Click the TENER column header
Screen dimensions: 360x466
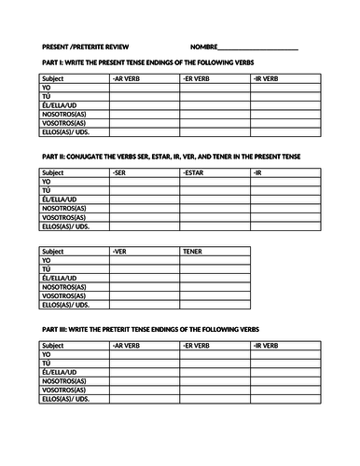pyautogui.click(x=193, y=250)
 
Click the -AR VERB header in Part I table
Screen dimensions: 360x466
pyautogui.click(x=126, y=79)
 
